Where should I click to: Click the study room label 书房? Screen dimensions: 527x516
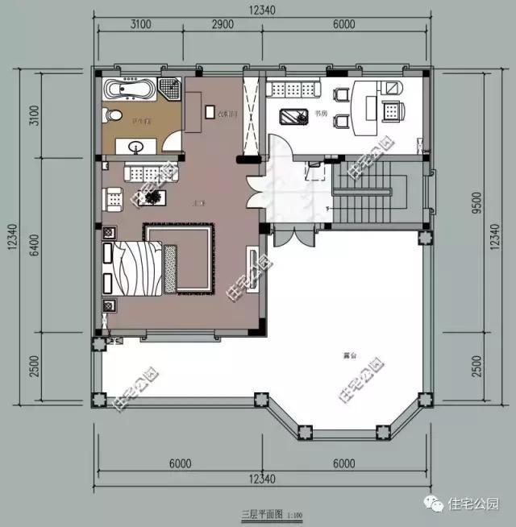[x=322, y=114]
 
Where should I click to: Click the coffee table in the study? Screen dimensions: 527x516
[x=293, y=116]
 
